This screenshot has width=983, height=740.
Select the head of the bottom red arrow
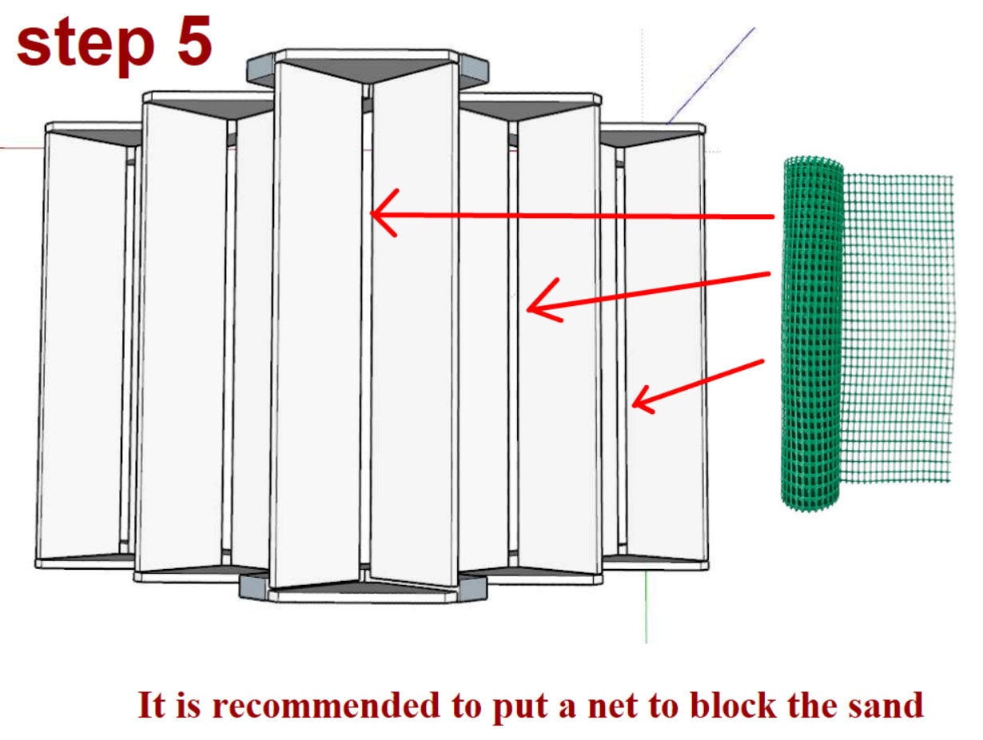639,400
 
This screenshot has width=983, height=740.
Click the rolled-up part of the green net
812,336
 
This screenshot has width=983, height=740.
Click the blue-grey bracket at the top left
261,70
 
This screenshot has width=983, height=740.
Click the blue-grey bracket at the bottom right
472,588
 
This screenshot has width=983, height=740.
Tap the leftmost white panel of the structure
80,344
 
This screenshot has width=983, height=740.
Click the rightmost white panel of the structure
663,344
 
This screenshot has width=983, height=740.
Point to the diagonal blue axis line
711,76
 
